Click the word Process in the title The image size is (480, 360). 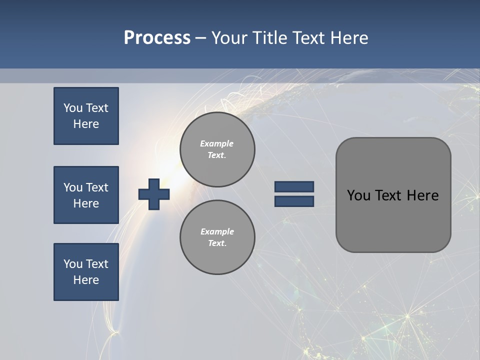pyautogui.click(x=157, y=38)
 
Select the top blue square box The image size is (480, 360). pyautogui.click(x=86, y=116)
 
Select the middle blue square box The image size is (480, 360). pyautogui.click(x=86, y=195)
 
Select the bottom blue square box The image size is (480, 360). pyautogui.click(x=86, y=272)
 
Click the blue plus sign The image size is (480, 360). pyautogui.click(x=154, y=194)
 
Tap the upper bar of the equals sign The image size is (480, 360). pyautogui.click(x=294, y=187)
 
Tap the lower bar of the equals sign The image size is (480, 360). pyautogui.click(x=294, y=201)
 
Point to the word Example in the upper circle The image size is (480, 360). pyautogui.click(x=217, y=143)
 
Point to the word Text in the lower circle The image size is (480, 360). pyautogui.click(x=217, y=243)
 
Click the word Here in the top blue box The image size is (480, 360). pyautogui.click(x=86, y=124)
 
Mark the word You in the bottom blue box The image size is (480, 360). pyautogui.click(x=73, y=264)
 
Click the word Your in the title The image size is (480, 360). pyautogui.click(x=229, y=38)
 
